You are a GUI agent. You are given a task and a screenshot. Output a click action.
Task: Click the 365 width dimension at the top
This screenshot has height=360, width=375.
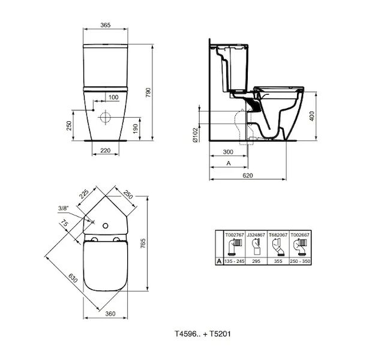(x=105, y=25)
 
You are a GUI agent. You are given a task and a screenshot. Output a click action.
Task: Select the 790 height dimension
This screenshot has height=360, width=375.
(x=148, y=92)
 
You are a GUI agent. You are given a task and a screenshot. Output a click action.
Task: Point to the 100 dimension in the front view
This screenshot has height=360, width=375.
(x=113, y=97)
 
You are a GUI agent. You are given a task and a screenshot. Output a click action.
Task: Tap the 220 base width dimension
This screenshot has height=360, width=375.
(x=106, y=150)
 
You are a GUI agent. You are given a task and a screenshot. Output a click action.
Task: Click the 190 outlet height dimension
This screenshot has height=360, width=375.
(x=136, y=128)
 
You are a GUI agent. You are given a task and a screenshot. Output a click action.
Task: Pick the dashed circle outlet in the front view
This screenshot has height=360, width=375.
(x=105, y=118)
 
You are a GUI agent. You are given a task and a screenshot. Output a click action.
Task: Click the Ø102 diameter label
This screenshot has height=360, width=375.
(x=196, y=135)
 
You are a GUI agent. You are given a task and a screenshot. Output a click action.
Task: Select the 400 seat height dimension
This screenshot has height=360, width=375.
(x=311, y=116)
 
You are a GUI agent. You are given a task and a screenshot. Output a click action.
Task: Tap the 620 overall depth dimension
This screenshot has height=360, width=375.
(x=248, y=175)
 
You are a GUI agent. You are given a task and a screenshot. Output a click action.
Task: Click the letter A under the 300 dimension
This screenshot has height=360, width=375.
(x=229, y=163)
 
